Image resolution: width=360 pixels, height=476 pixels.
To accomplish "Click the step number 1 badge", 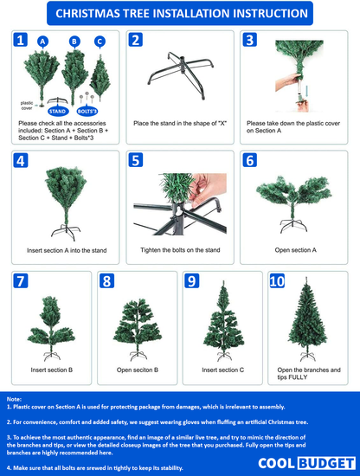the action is point(21,40).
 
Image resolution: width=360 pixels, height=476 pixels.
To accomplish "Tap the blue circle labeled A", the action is point(42,42).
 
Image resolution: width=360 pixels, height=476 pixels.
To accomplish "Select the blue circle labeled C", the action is point(100,42).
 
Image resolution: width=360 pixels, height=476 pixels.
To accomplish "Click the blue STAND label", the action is point(58,112).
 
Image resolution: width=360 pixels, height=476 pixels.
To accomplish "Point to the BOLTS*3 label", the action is point(87,112).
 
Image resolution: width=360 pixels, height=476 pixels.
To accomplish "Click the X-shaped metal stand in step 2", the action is point(181,74).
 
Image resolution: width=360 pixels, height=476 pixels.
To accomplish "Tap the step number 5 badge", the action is point(135,160).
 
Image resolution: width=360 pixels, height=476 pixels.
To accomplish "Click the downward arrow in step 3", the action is point(307,92).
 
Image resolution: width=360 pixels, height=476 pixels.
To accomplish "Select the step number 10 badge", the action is point(277,280).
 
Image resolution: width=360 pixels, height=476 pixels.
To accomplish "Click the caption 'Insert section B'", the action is point(52,370).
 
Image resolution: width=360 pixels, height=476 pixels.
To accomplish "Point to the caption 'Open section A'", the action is point(295,250).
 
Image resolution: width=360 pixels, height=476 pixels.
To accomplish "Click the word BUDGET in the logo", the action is point(326,464).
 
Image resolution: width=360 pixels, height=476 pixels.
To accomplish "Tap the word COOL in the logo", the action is point(277,464).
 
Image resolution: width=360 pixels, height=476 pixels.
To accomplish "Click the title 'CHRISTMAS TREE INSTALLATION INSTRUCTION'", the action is point(182,13).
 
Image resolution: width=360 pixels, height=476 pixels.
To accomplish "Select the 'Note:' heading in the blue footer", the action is point(14,399).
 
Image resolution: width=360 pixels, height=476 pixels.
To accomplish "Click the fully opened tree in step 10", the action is point(307,318).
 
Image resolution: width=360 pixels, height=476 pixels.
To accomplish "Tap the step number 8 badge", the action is point(106,280).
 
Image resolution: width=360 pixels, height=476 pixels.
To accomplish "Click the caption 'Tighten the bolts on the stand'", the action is point(180,250).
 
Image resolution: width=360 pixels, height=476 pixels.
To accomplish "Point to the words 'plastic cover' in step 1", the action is point(27,106).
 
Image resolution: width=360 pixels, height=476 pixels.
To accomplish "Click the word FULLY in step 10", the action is point(298,377).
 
